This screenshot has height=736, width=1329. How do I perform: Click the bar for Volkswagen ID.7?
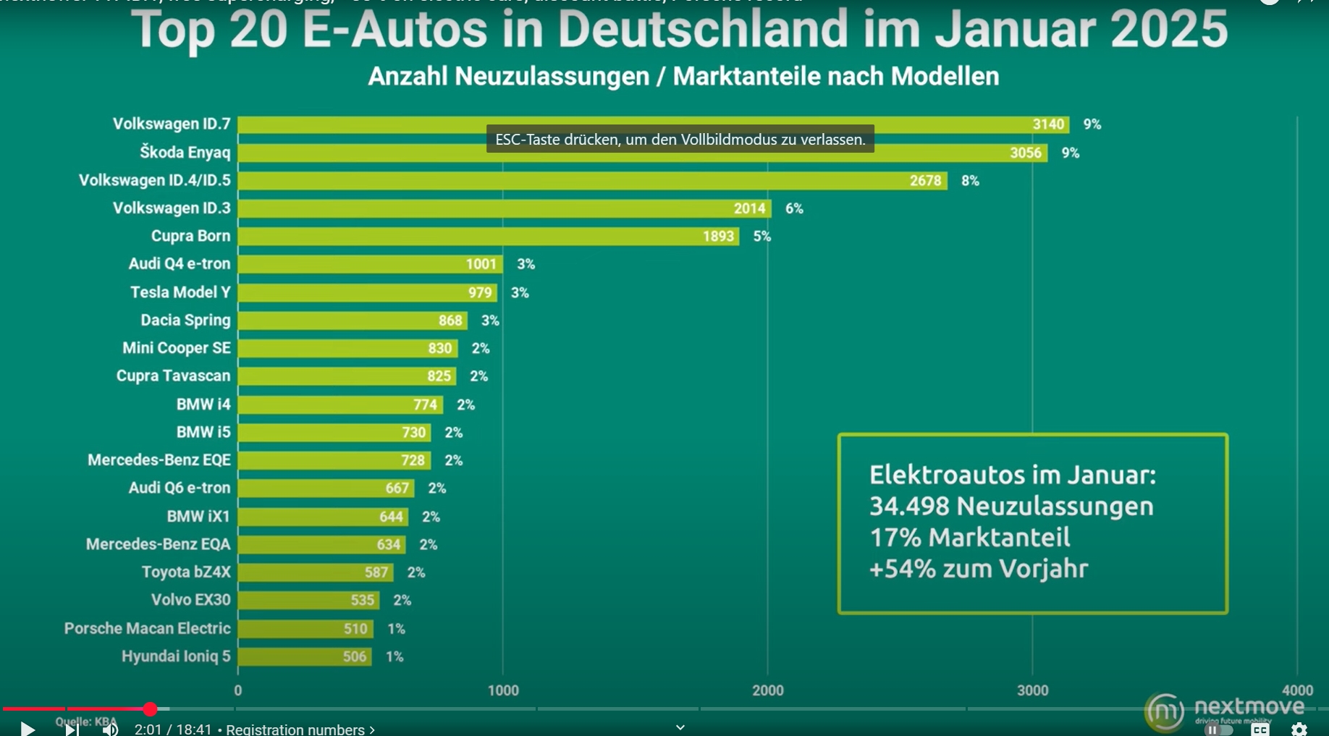[x=651, y=124]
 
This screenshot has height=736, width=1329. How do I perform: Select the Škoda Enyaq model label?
[x=185, y=153]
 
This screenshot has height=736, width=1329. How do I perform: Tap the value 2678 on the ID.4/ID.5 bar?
[x=925, y=181]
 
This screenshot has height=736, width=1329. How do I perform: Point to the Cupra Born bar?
[x=489, y=237]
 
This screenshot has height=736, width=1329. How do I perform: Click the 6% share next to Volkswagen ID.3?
[x=794, y=208]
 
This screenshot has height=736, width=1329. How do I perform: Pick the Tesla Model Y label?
[x=180, y=292]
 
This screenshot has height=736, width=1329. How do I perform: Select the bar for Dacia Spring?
[x=353, y=321]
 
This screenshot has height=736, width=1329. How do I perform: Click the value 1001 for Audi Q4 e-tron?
[x=481, y=264]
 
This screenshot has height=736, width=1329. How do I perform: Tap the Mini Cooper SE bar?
[x=347, y=348]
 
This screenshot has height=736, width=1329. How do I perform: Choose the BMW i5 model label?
[x=203, y=432]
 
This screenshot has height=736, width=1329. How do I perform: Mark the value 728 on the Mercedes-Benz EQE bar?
[x=413, y=460]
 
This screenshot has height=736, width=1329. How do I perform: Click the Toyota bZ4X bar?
[x=316, y=572]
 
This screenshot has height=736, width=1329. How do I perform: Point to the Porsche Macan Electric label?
[x=147, y=628]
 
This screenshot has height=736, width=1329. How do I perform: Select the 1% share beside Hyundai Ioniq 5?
[x=395, y=656]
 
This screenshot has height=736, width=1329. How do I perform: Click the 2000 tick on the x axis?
[x=767, y=690]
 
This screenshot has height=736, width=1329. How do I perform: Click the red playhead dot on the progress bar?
[x=150, y=709]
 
